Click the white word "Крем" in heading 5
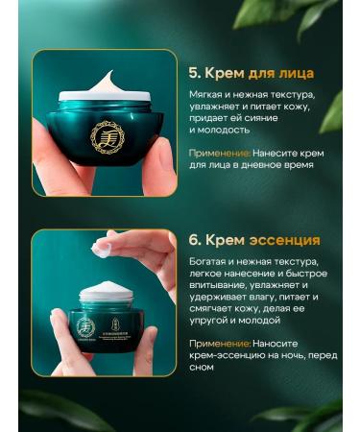coord(226,72)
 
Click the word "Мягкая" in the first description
coord(210,97)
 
